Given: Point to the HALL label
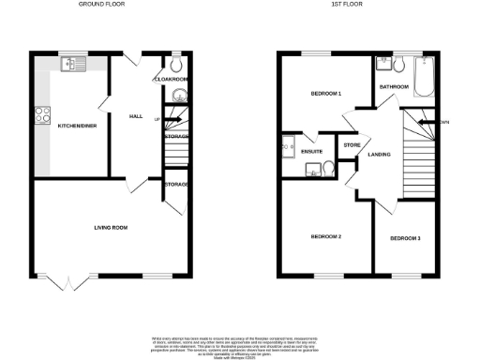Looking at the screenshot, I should click(x=135, y=116).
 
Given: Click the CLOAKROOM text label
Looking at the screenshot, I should click(x=170, y=80).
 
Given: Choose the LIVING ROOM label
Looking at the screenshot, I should click(x=110, y=227).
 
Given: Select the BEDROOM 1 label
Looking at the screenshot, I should click(x=325, y=95).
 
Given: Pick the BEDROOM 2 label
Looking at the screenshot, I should click(x=325, y=236).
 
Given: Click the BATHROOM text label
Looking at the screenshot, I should click(x=394, y=86).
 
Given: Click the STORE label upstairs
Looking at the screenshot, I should click(x=352, y=145).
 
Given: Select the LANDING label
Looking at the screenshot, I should click(x=379, y=154).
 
